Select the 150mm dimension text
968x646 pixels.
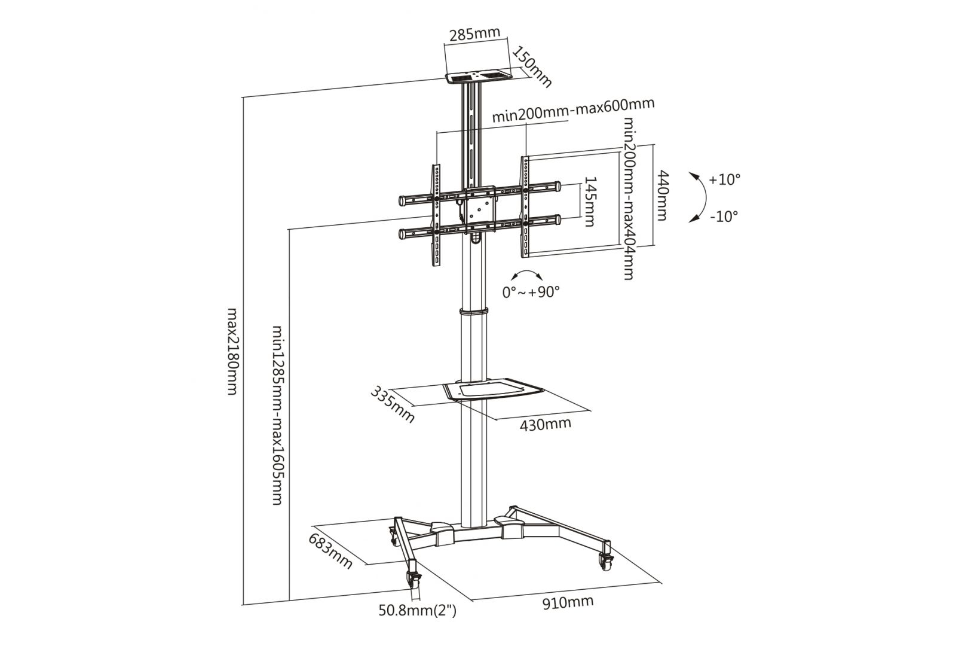point(532,65)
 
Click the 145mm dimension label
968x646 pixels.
point(589,201)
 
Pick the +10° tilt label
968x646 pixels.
point(724,179)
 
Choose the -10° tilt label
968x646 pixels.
point(724,216)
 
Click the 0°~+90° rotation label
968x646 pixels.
point(530,292)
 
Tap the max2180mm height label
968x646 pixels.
point(234,351)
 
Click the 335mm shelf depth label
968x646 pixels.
point(393,404)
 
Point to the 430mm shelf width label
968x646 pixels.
point(545,424)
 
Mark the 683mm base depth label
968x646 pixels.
point(330,550)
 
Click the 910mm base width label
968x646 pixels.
point(568,602)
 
